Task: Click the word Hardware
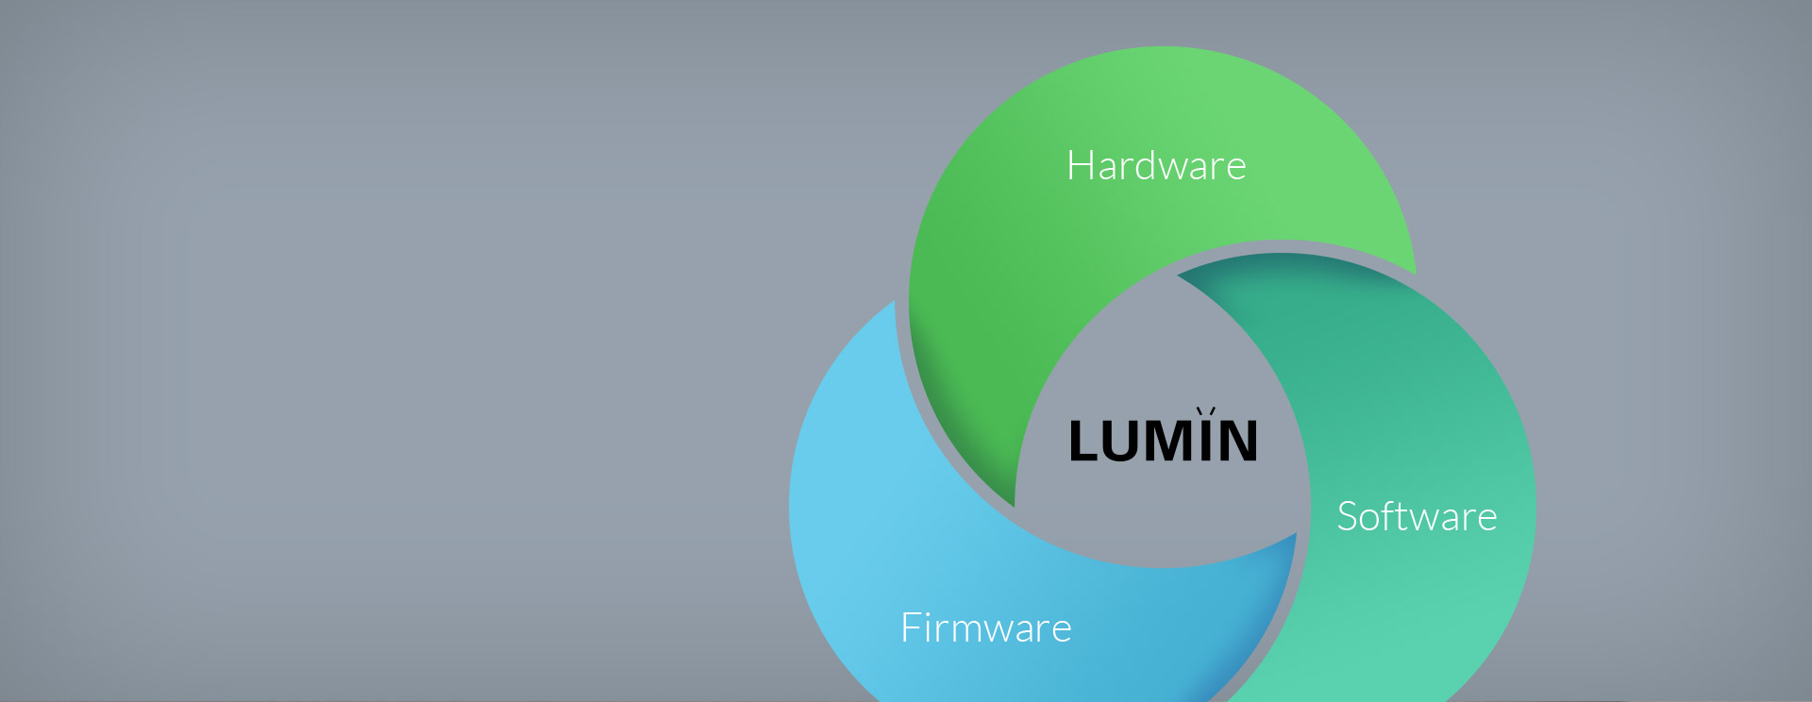[x=1156, y=166]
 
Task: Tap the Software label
[x=1417, y=517]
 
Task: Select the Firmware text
[x=985, y=628]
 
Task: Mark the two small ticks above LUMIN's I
[x=1205, y=411]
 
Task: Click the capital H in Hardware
[x=1080, y=166]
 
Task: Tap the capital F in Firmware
[x=911, y=628]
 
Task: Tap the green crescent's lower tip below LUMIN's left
[x=1014, y=502]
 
